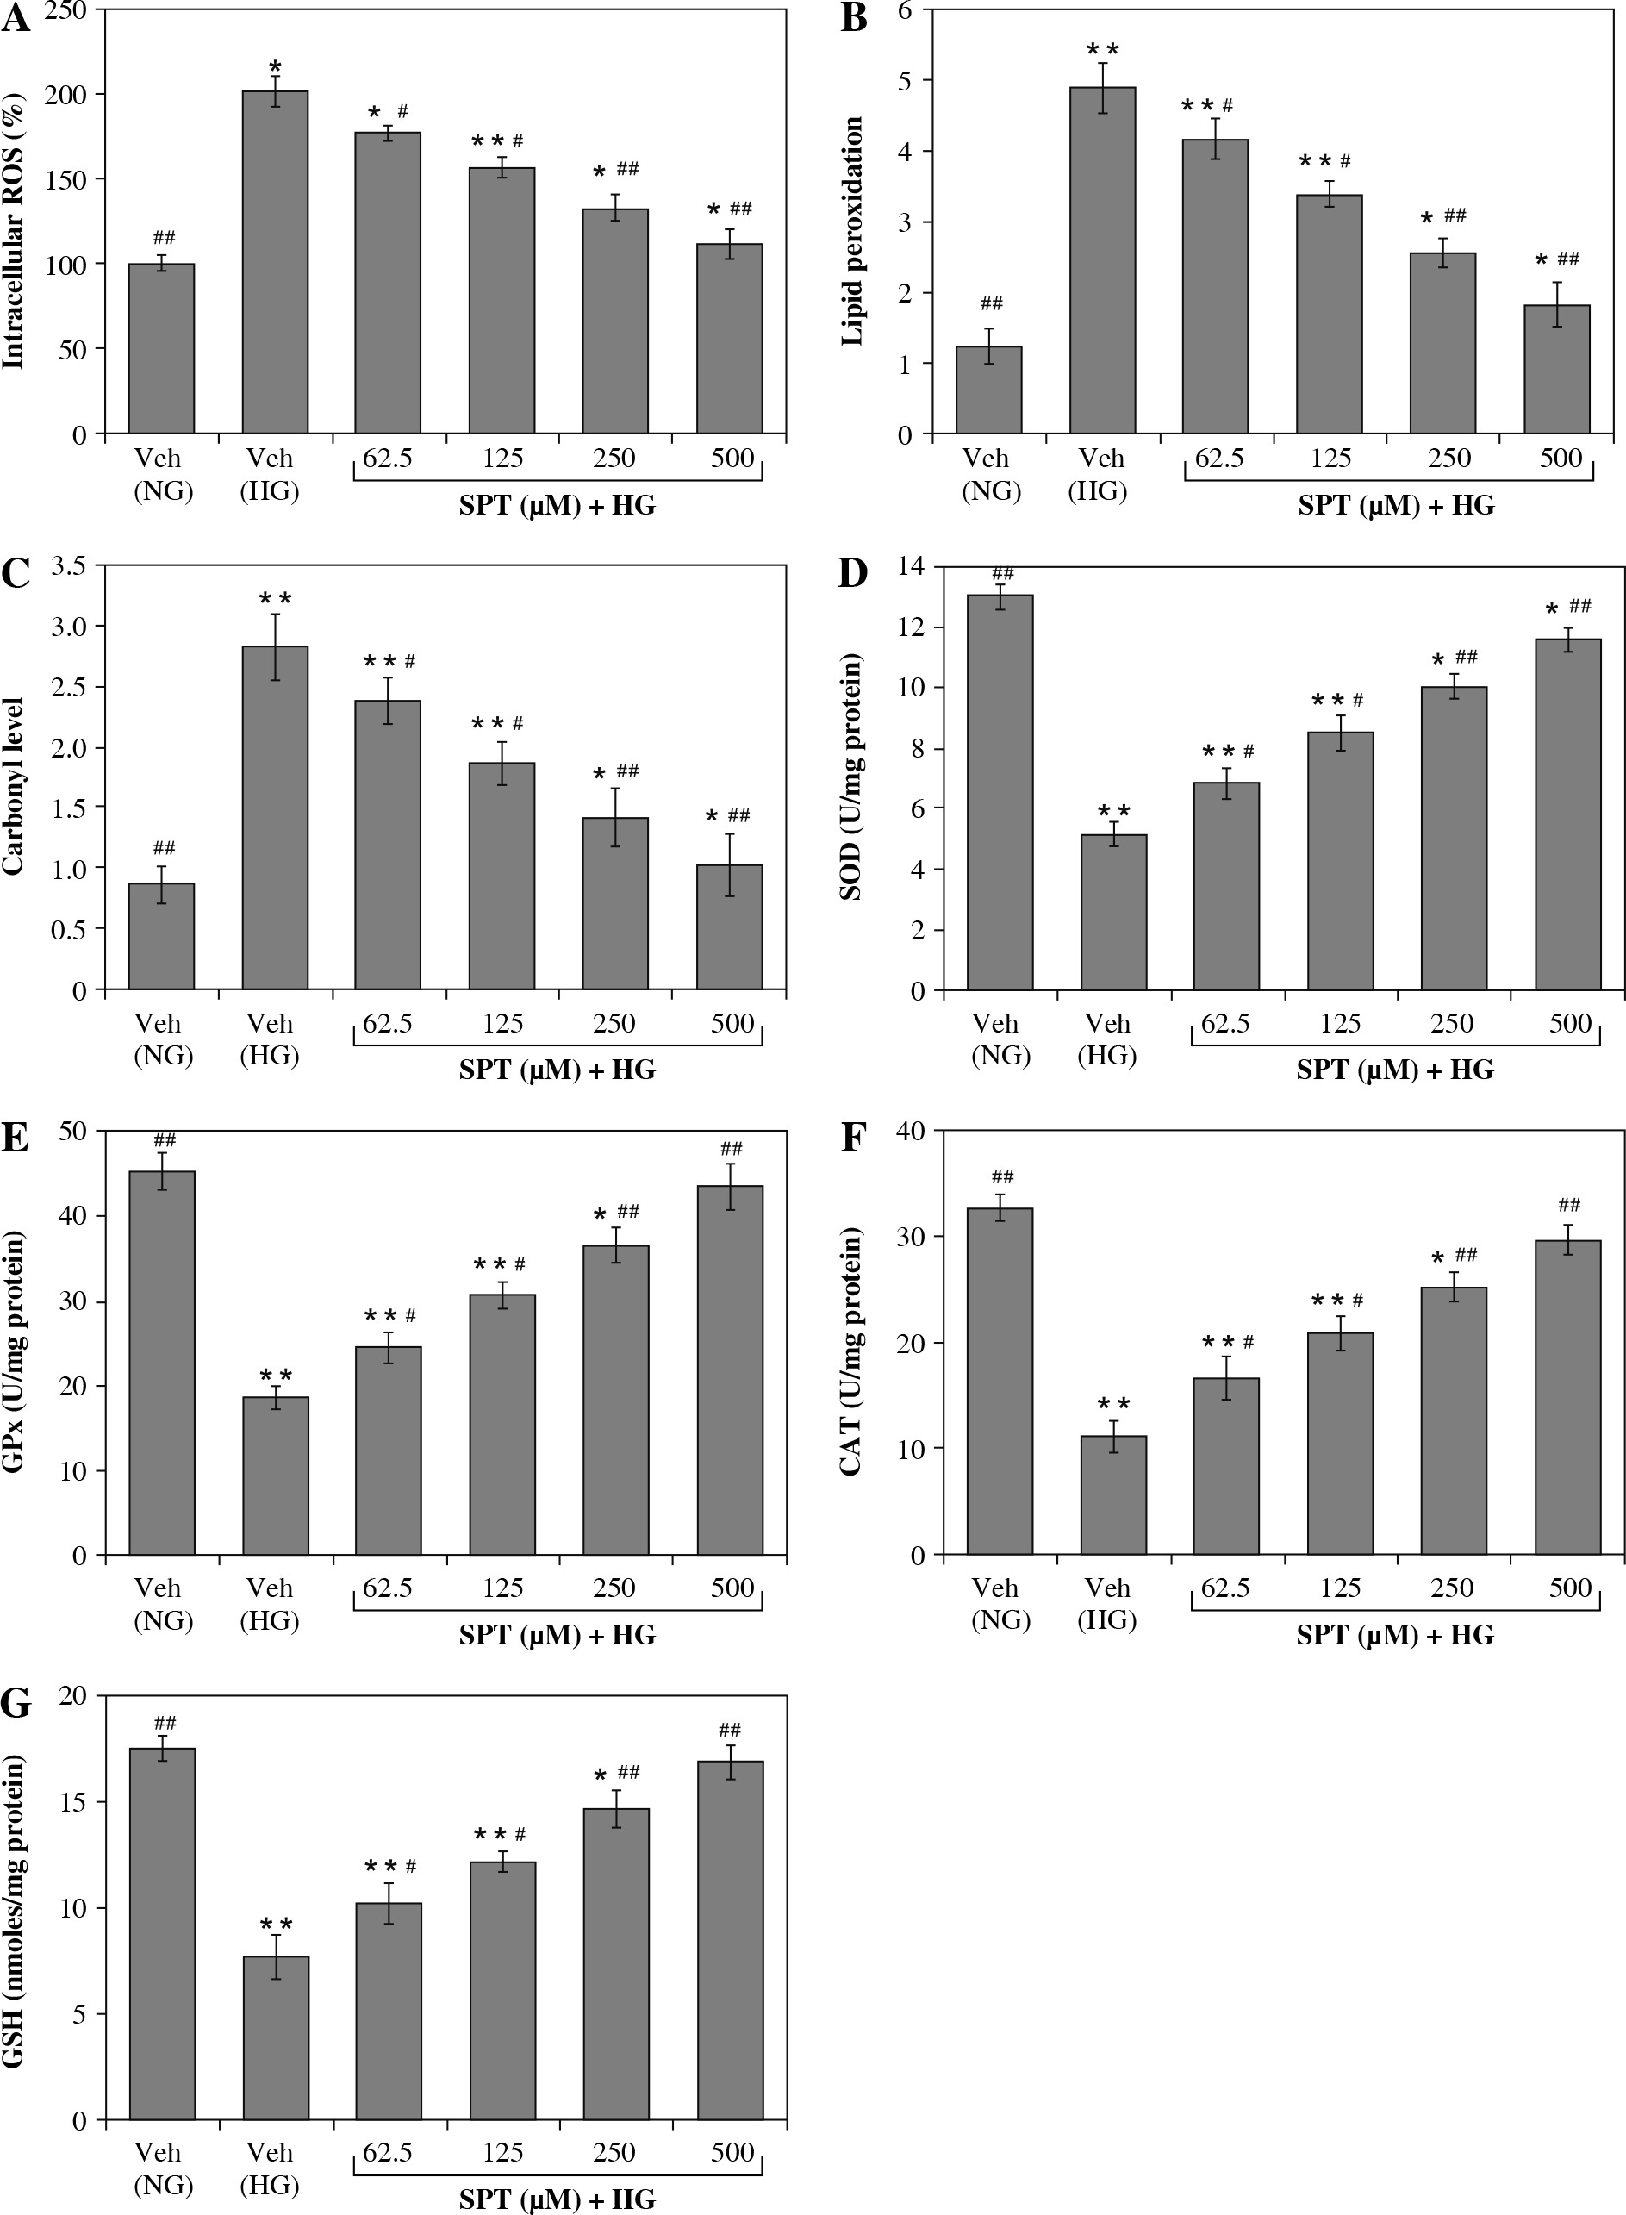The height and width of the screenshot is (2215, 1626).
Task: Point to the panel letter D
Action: pyautogui.click(x=852, y=573)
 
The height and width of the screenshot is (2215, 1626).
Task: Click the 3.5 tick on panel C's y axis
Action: pyautogui.click(x=68, y=566)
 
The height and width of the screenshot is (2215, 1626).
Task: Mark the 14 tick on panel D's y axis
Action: pyautogui.click(x=912, y=566)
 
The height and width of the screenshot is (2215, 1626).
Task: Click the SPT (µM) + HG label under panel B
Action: pyautogui.click(x=1396, y=506)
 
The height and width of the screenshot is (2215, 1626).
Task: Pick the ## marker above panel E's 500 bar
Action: pyautogui.click(x=732, y=1149)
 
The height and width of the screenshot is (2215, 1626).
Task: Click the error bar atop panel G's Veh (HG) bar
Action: pyautogui.click(x=277, y=1956)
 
